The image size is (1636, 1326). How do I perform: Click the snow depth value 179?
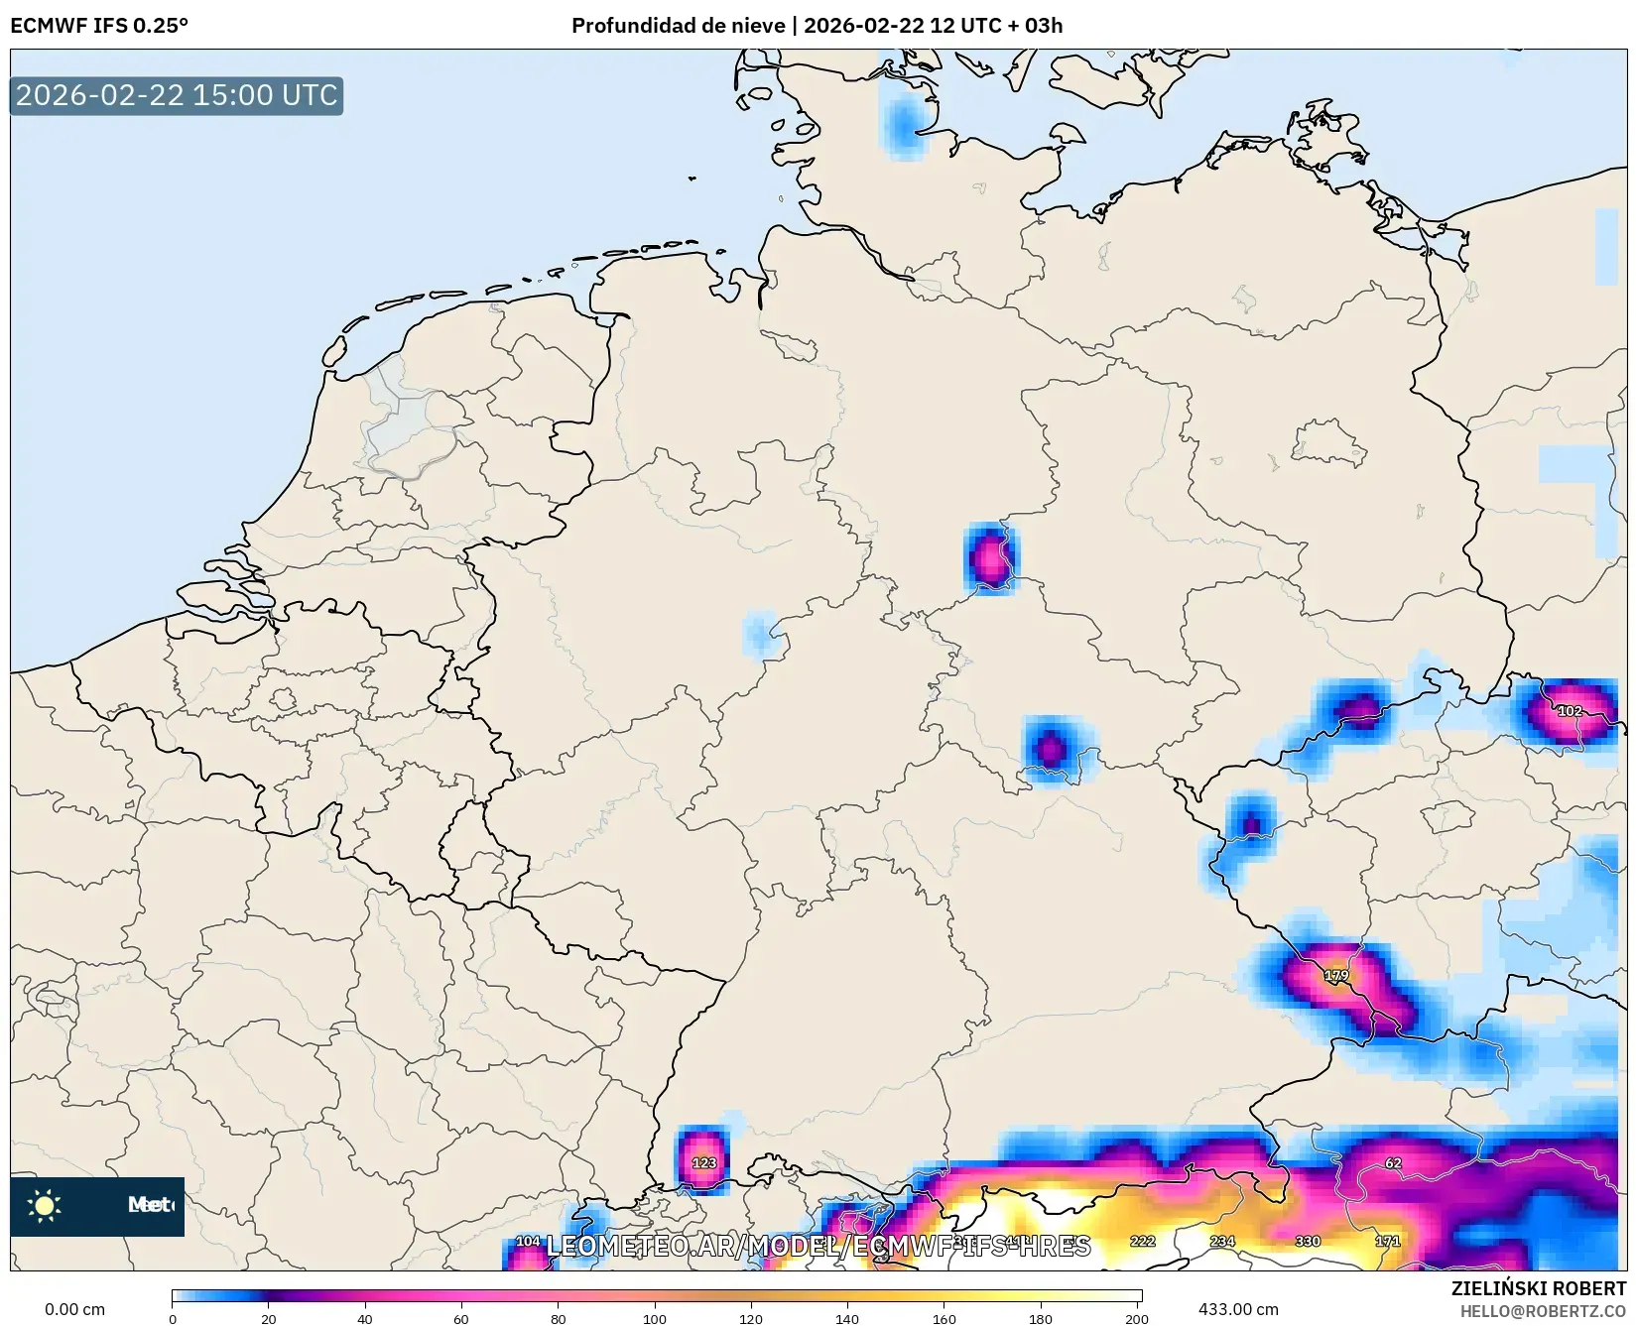coord(1336,976)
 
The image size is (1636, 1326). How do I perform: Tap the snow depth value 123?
coord(703,1163)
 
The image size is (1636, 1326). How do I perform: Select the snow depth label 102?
coord(1570,711)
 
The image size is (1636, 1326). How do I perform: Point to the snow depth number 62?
coord(1393,1163)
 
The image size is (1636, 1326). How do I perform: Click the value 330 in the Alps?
coord(1308,1242)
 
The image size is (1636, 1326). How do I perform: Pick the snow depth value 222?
coord(1142,1242)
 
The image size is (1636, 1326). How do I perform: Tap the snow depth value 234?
coord(1222,1242)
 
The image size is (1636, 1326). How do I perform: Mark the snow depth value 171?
coord(1387,1242)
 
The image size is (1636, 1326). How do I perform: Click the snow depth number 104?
coord(528,1242)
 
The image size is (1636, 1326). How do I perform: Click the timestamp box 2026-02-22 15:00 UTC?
coord(177,95)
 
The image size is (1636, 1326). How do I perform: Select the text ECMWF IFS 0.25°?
coord(99,26)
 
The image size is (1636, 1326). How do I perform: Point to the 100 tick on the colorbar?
coord(655,1318)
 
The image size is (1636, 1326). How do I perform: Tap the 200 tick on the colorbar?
coord(1137,1318)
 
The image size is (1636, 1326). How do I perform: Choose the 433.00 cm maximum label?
coord(1238,1309)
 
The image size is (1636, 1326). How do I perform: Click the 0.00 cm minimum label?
coord(74,1309)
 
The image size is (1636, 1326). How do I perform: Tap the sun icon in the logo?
coord(45,1206)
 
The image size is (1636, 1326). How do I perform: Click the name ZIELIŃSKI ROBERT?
coord(1539,1289)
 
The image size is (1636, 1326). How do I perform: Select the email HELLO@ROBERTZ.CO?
coord(1543,1311)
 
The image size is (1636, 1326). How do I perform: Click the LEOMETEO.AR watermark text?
coord(818,1246)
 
